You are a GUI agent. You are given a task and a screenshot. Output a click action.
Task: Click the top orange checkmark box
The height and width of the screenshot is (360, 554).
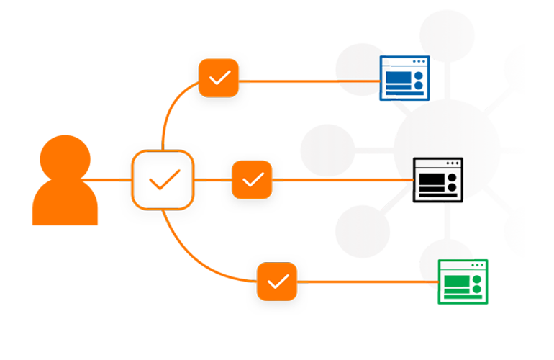[219, 78]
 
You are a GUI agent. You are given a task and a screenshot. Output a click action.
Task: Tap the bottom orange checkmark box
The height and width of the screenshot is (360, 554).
[278, 282]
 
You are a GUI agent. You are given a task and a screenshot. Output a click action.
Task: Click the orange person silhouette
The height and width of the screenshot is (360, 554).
[65, 173]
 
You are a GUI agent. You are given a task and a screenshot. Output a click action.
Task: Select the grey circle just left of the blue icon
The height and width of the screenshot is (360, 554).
[356, 68]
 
